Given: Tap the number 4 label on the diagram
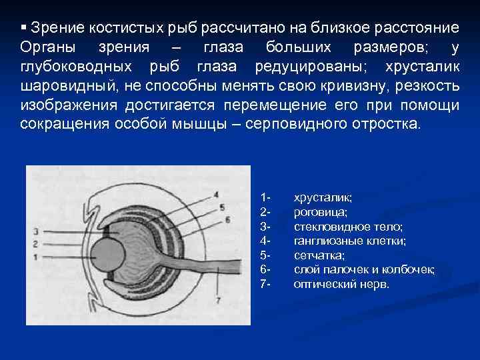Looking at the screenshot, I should (x=215, y=195).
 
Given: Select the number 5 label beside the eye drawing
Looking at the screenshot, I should (x=221, y=207).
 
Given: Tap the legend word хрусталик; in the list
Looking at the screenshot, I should (x=323, y=198).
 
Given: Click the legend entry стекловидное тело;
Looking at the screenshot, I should (x=348, y=227).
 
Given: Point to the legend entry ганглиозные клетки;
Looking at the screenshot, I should (x=349, y=241).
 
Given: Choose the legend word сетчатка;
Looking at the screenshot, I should (x=319, y=255).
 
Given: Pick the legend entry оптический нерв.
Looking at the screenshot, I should (x=341, y=283).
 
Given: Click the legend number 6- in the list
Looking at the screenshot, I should (x=265, y=269).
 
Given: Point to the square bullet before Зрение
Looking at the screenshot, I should (x=23, y=28).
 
